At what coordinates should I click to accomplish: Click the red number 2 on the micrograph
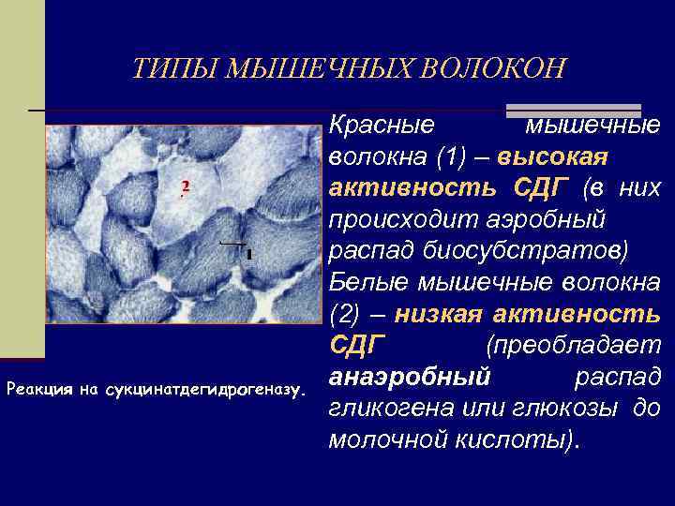pos(185,188)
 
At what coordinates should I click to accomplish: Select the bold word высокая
pos(554,156)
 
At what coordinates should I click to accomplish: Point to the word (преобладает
pos(573,345)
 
